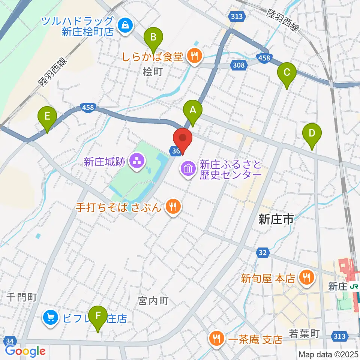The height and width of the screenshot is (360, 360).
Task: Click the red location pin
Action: pos(183,140)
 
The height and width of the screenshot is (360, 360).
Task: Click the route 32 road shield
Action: pos(262,253)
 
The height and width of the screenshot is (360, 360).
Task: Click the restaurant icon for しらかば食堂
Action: pos(194,56)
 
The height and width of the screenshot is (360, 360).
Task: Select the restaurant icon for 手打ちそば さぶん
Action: pos(173,206)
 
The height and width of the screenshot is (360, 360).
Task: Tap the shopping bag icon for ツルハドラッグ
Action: pos(123,25)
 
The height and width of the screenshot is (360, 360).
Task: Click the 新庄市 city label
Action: pos(276,220)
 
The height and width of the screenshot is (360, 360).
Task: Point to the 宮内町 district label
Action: pos(153,301)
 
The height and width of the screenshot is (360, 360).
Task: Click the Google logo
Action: pos(25,351)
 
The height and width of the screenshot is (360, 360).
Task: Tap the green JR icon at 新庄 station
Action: pos(354,287)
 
